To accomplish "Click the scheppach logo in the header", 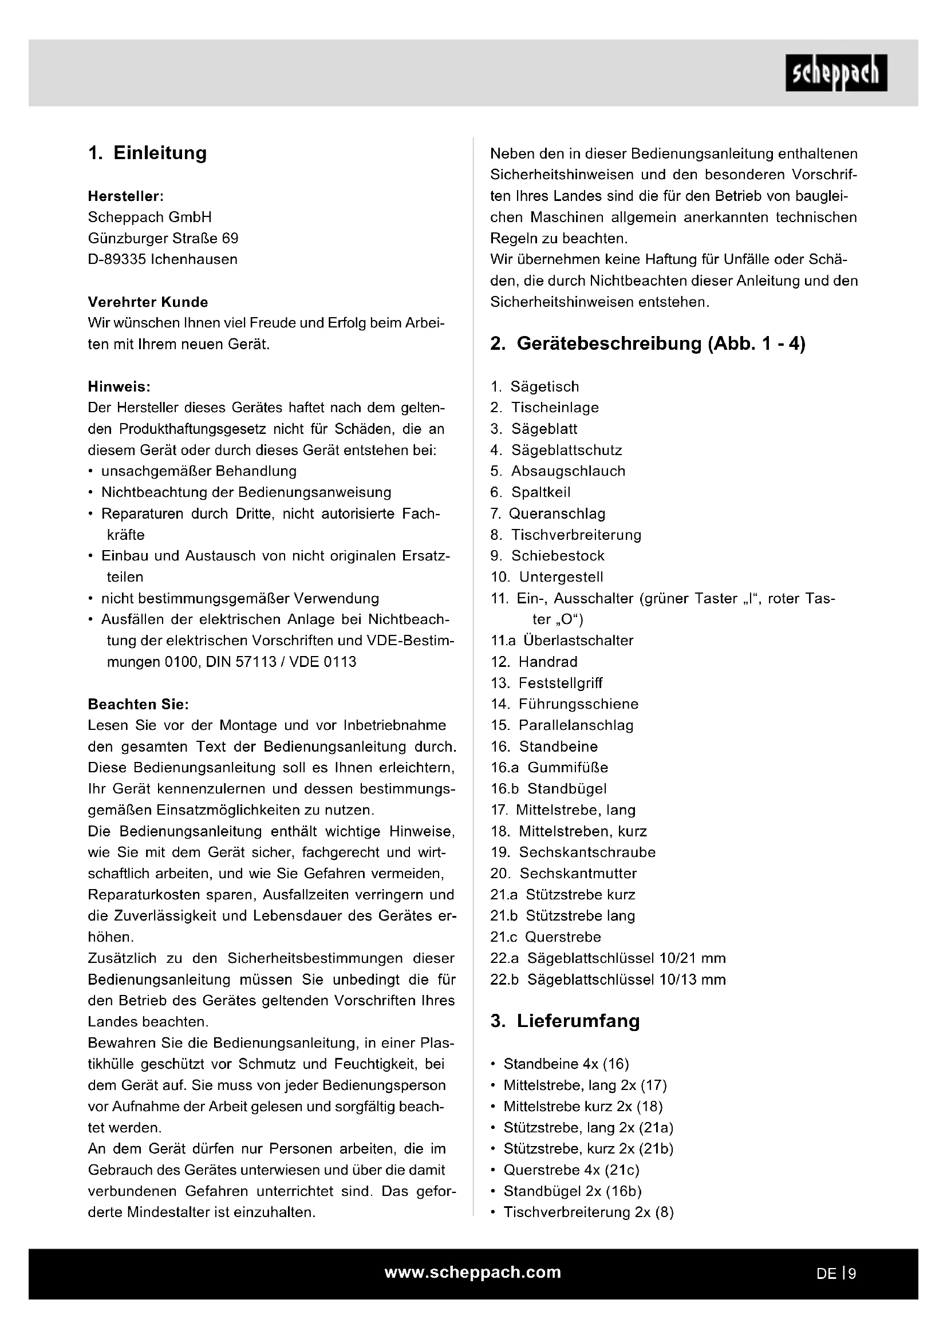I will (x=836, y=73).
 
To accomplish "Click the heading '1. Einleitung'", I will (x=148, y=153).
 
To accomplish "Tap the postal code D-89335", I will (x=117, y=259).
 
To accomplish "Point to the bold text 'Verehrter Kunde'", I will (x=148, y=302).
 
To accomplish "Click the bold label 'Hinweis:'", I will (x=119, y=386).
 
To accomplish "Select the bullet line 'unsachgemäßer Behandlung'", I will (x=198, y=471).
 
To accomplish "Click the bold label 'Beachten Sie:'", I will (x=138, y=705).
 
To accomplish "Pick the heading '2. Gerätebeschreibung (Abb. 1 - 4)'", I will (x=648, y=343).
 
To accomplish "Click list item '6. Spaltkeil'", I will (x=530, y=492).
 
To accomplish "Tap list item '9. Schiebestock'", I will (x=547, y=556).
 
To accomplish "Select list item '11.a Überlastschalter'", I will (x=562, y=641).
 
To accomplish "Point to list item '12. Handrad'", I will (x=534, y=662).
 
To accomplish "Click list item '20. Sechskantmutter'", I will (x=563, y=874).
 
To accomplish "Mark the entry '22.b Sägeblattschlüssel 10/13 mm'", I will (x=607, y=979).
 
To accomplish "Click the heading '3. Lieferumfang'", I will (x=565, y=1021).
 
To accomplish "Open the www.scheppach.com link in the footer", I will (x=472, y=1273).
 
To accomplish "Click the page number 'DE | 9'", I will (x=835, y=1274).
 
